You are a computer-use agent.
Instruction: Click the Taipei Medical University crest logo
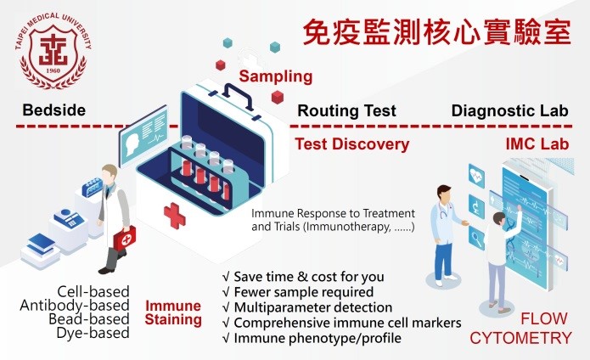click(x=53, y=51)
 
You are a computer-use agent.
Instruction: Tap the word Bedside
click(x=54, y=110)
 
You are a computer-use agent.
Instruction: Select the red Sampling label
click(x=276, y=76)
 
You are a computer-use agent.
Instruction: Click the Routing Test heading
click(x=346, y=110)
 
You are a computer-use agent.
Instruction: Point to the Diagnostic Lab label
click(x=510, y=110)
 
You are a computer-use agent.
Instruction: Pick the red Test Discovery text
click(x=351, y=144)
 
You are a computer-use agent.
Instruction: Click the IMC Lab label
click(x=537, y=144)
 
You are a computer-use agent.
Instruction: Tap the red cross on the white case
click(x=175, y=216)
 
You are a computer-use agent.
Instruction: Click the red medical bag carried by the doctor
click(x=125, y=238)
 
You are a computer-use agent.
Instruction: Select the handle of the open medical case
click(x=238, y=96)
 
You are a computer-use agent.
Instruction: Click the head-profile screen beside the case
click(x=143, y=136)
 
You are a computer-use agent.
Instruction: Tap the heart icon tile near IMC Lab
click(x=476, y=175)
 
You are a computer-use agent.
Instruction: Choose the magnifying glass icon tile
click(x=476, y=238)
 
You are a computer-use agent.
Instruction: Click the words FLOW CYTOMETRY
click(x=520, y=329)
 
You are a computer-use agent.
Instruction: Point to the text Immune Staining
click(x=173, y=312)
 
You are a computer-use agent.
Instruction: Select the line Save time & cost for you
click(x=303, y=277)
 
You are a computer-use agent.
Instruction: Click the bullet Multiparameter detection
click(x=307, y=307)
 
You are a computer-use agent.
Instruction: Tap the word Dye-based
click(x=93, y=333)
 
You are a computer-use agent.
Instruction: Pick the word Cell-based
click(x=93, y=291)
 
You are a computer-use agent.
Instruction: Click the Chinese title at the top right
click(x=437, y=32)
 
